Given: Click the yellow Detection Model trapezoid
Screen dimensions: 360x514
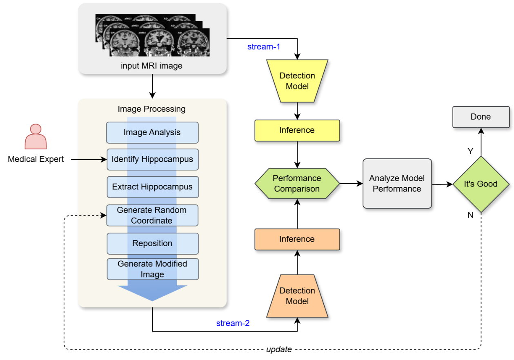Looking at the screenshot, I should tap(297, 81).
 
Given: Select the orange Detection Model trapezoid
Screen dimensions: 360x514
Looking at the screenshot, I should tap(297, 296).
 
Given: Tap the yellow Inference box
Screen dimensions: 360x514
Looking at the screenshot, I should tap(297, 130).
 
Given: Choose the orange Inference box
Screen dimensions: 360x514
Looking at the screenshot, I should tap(297, 239).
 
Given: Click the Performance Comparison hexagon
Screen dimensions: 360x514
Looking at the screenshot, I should tap(297, 184).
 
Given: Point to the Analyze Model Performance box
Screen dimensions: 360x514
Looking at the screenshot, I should tap(397, 184).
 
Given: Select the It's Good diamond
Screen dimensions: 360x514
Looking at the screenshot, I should tap(481, 184).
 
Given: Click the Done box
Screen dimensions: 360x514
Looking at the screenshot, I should tap(481, 117).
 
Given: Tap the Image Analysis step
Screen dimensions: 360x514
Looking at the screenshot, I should tap(152, 133).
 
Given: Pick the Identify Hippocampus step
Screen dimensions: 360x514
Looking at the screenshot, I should tap(152, 159).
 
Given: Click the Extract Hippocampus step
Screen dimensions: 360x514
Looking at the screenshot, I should tap(152, 187).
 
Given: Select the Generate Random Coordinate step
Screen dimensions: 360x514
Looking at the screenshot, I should tap(152, 215).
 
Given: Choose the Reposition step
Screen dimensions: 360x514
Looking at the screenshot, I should tap(152, 243).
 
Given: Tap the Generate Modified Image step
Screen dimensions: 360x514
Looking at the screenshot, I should tap(152, 269).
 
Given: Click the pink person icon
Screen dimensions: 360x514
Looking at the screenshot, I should tap(36, 137).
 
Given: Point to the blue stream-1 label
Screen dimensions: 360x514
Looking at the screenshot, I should tap(264, 47).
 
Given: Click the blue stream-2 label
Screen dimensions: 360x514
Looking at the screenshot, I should tap(233, 324).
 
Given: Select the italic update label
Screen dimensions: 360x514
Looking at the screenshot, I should tap(279, 349).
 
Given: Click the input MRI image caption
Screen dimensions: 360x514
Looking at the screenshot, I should tap(151, 66).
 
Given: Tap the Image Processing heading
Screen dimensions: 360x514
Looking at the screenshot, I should tap(151, 109).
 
